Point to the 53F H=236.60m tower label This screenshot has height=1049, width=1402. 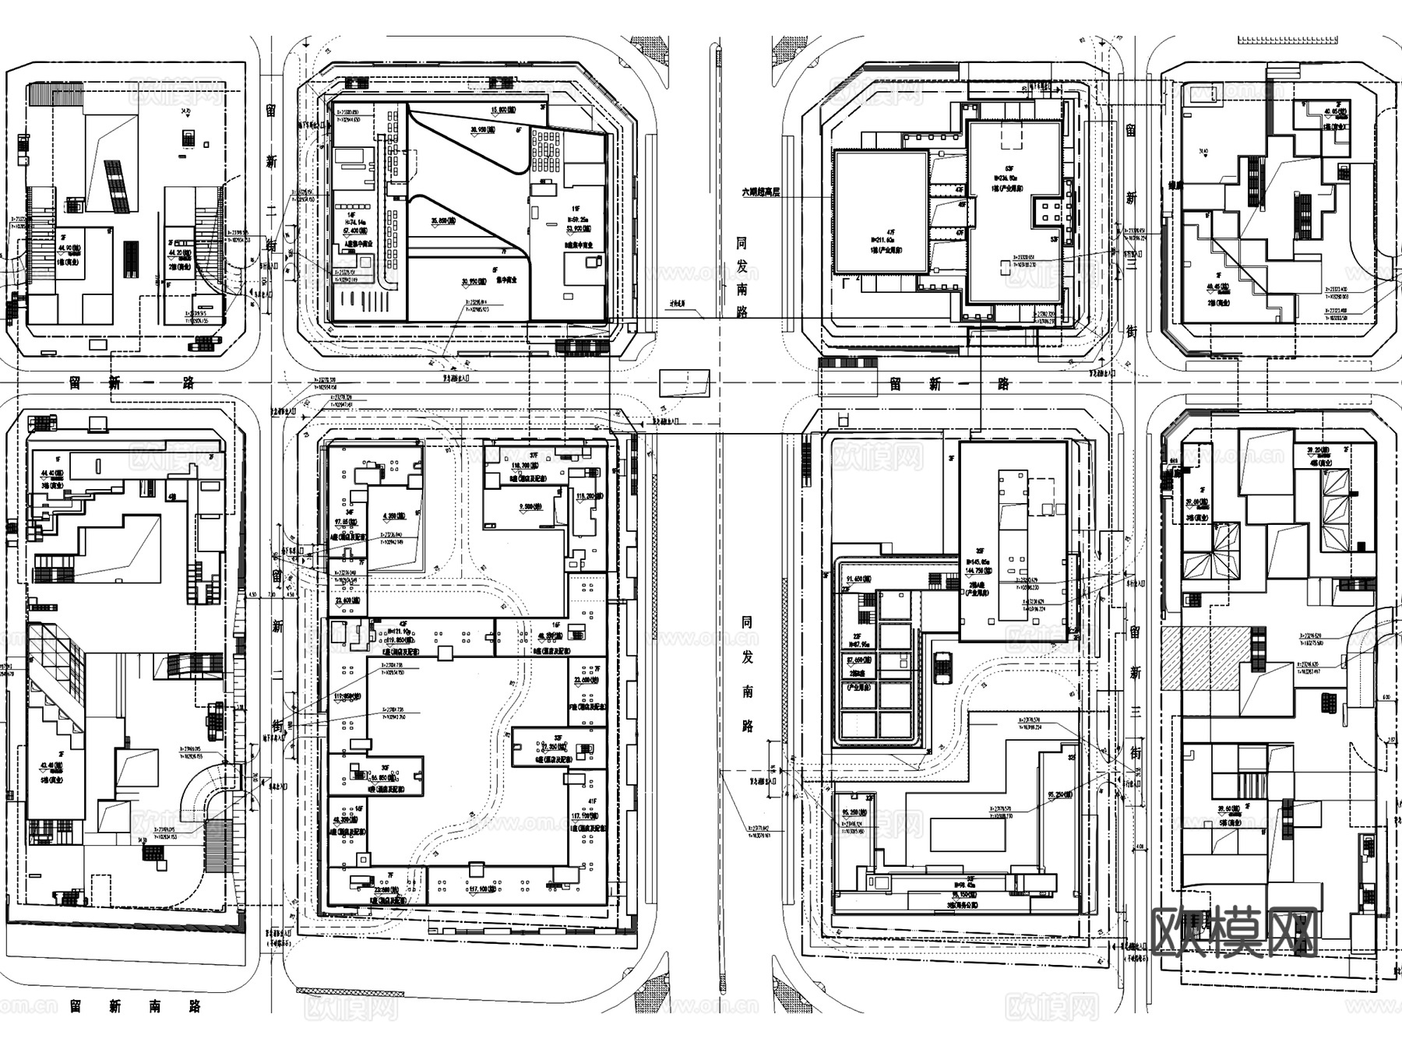(1009, 178)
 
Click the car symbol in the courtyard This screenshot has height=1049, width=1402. (942, 667)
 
